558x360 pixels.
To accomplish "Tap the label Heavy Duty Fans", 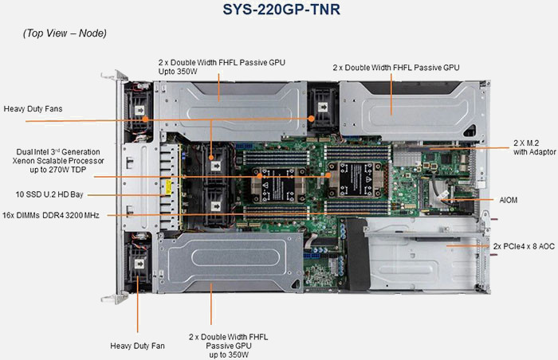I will click(33, 108).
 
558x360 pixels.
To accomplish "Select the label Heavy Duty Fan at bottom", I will click(137, 346).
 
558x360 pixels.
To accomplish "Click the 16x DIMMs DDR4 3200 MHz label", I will click(50, 215).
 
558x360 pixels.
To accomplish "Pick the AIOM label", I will click(508, 199).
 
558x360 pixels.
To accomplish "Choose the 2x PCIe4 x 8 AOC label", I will click(524, 247).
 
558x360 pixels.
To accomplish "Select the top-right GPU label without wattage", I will click(396, 67).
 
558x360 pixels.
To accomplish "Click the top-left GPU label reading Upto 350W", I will click(222, 67).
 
